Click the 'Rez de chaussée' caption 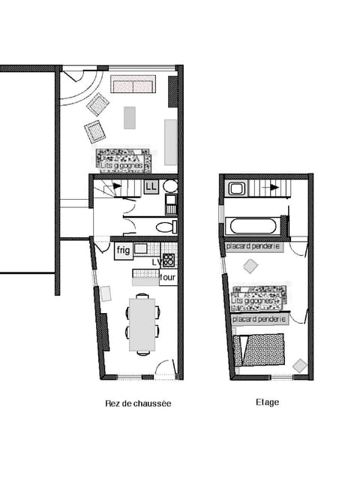click(138, 403)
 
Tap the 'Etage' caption click(267, 402)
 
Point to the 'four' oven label click(168, 277)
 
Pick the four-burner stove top click(169, 261)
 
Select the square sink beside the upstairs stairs click(237, 188)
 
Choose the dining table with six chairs click(142, 324)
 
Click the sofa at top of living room click(133, 84)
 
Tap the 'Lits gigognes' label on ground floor click(123, 161)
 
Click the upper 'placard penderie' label click(253, 246)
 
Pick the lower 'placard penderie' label click(259, 319)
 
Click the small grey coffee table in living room click(130, 118)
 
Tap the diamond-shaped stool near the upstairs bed click(300, 366)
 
